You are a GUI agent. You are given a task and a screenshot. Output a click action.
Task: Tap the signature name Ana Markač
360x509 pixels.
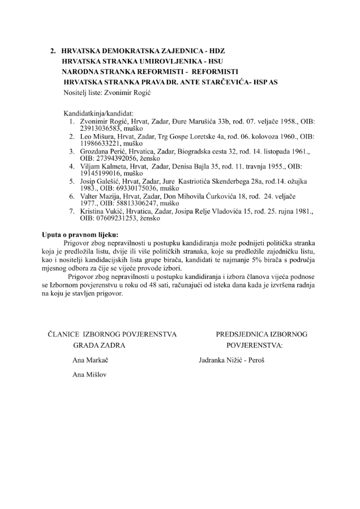pos(91,360)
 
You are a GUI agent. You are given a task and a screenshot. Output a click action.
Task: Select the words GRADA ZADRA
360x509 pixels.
pos(99,344)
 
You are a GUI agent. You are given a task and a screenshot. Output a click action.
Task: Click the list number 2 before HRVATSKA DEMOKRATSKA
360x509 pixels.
pos(53,51)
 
